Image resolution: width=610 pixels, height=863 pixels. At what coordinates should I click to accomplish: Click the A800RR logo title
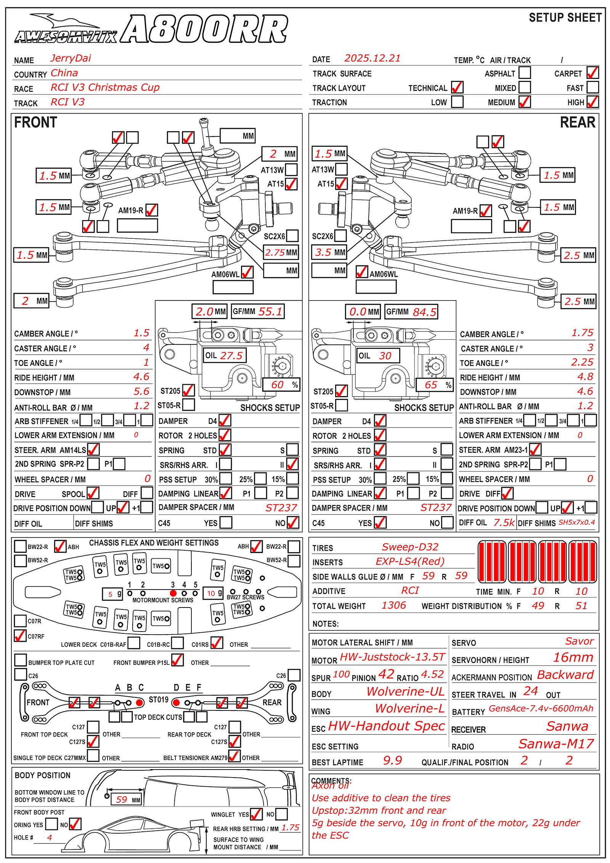pos(204,29)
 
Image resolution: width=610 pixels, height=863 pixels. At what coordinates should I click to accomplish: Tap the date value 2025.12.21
pos(372,58)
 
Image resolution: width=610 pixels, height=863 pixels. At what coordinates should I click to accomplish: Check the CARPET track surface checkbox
pos(592,72)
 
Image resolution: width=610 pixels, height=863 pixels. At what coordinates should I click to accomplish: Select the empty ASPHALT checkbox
pos(525,72)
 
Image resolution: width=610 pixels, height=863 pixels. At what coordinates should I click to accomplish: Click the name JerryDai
pos(71,58)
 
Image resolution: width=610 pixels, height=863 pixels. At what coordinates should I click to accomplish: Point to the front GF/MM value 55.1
pos(270,312)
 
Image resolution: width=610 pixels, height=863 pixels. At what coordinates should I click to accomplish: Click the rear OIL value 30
pos(385,356)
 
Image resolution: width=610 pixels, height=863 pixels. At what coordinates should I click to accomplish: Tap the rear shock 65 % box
pos(433,385)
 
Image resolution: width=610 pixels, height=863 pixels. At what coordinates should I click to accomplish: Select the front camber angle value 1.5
pos(141,333)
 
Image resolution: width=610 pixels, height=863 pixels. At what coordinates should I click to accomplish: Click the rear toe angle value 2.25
pos(582,362)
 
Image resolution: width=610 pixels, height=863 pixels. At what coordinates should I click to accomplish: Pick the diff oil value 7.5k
pos(504,522)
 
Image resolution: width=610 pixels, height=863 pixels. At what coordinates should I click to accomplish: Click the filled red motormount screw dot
pos(173,593)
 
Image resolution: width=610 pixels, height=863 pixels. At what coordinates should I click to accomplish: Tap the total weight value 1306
pos(393,605)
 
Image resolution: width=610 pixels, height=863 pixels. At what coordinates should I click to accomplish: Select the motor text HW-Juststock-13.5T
pos(392,657)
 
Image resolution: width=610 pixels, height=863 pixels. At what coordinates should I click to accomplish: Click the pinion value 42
pos(386,674)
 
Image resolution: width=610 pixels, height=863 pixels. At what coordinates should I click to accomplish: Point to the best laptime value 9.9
pos(392,760)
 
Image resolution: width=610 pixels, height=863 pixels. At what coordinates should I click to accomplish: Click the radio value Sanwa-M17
pos(556,744)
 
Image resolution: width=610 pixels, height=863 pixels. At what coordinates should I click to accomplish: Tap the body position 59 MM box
pos(126,799)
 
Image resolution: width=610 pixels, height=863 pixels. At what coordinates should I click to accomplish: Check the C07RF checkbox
pos(20,636)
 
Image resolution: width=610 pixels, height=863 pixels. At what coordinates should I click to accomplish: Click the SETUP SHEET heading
pos(565,18)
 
